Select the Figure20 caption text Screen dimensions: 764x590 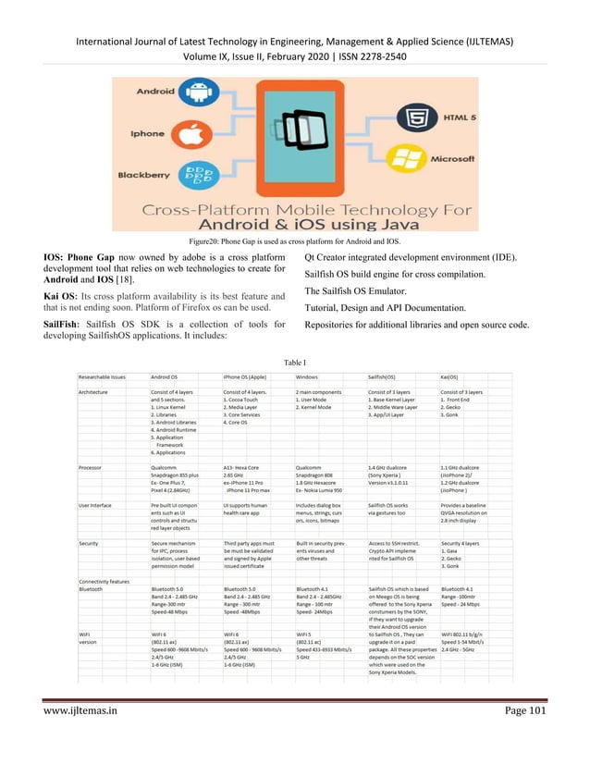click(x=295, y=240)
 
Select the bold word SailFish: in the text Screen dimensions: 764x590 click(x=67, y=327)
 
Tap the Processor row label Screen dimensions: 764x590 click(x=91, y=468)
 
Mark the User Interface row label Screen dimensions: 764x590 click(x=96, y=506)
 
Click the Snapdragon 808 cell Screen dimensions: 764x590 click(x=319, y=475)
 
